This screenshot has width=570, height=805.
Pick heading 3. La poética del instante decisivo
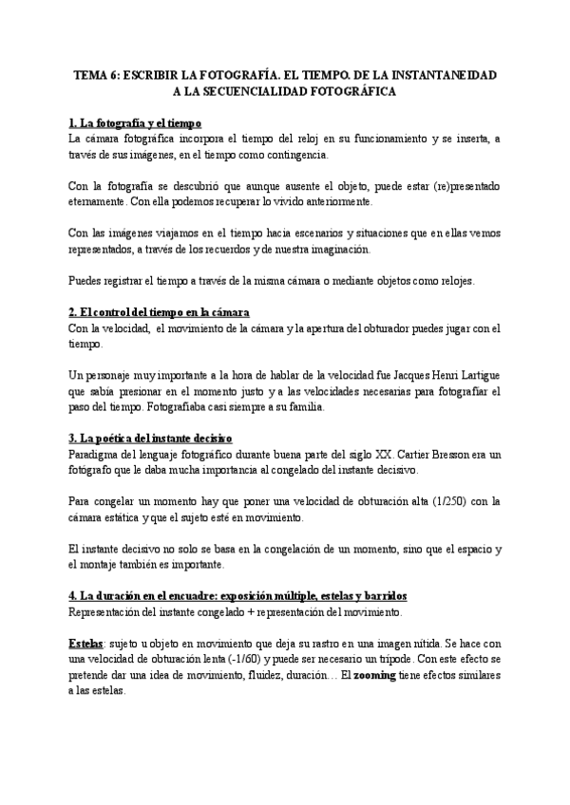tap(151, 439)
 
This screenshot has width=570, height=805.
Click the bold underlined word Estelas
tap(87, 643)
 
